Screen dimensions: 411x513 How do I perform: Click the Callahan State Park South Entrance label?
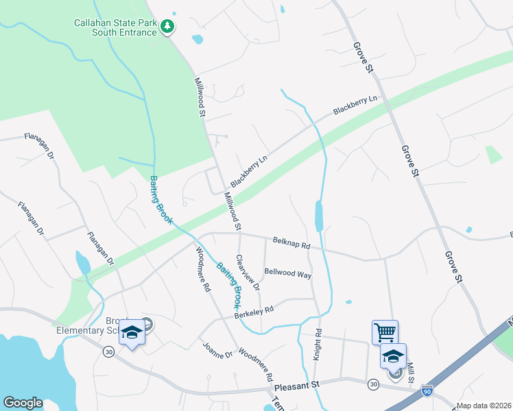point(115,27)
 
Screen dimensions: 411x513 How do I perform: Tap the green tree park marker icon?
point(167,27)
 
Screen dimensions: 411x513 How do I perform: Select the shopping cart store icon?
point(385,333)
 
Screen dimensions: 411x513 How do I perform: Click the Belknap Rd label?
point(291,242)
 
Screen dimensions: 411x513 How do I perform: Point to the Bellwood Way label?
point(288,273)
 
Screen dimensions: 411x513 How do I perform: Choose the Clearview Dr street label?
point(248,273)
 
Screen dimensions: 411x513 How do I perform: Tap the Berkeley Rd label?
point(254,310)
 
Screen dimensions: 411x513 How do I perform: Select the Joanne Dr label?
point(218,349)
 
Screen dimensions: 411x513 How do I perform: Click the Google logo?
point(23,402)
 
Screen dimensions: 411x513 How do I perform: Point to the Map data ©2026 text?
point(483,406)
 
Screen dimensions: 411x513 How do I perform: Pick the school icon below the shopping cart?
point(393,356)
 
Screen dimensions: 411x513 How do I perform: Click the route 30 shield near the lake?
point(108,351)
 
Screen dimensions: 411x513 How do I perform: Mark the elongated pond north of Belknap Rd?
point(318,216)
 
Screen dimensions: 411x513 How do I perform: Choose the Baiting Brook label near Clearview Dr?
point(230,284)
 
